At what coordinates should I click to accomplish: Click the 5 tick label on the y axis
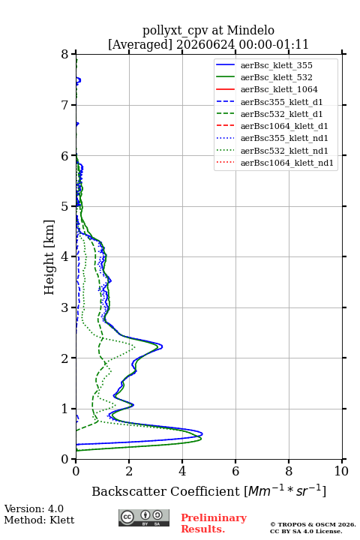coord(65,206)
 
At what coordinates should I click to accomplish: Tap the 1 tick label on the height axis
coord(65,409)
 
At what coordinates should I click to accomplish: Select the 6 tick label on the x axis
coord(235,471)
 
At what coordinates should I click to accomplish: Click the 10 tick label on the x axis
coord(341,471)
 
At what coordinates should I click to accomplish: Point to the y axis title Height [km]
coord(49,257)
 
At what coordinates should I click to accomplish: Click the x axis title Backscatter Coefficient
coord(166,491)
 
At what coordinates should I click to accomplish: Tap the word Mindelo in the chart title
coord(250,30)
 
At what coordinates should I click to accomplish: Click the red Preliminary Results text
coord(214,523)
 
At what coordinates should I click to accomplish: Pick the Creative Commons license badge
coord(144,517)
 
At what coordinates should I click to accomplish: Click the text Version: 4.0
coord(34,508)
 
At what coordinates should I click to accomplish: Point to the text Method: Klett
coord(39,520)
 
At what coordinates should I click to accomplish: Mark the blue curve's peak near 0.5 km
coord(202,434)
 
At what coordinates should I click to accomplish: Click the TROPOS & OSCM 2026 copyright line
coord(313,524)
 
